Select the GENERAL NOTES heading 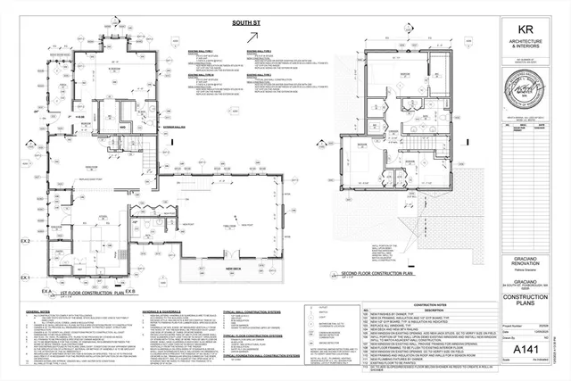coord(38,311)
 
